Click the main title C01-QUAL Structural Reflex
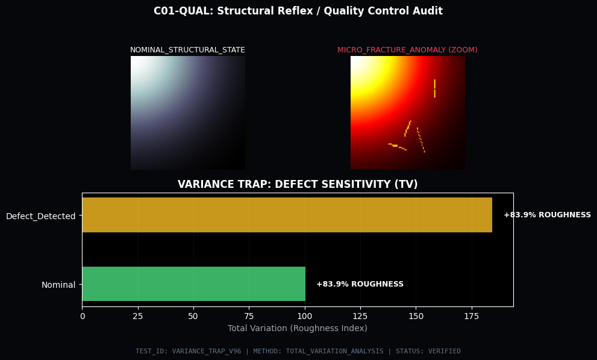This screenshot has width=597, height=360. (x=298, y=11)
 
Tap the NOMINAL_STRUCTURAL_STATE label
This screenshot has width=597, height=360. (x=187, y=50)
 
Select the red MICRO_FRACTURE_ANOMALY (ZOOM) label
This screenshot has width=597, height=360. (x=407, y=50)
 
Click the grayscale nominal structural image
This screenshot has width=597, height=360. (x=187, y=113)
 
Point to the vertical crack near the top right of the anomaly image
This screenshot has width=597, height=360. (x=434, y=88)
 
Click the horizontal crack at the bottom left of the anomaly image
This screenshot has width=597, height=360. (x=397, y=146)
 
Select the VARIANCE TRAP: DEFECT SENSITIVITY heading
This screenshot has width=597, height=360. (x=298, y=184)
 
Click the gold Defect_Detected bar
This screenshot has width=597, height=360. (x=287, y=215)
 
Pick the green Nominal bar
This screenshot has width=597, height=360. (x=193, y=284)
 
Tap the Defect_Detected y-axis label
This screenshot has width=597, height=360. (x=40, y=216)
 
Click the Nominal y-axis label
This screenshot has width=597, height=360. (x=58, y=285)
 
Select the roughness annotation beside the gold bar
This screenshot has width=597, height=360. (x=547, y=215)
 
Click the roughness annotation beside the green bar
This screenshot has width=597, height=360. (x=360, y=284)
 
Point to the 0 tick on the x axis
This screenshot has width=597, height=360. (x=83, y=315)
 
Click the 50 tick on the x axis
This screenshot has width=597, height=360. (x=193, y=315)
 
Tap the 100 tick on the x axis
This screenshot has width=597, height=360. (x=305, y=315)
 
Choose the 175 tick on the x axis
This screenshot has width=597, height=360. (x=472, y=315)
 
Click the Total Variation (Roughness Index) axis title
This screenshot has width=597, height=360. (x=298, y=328)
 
